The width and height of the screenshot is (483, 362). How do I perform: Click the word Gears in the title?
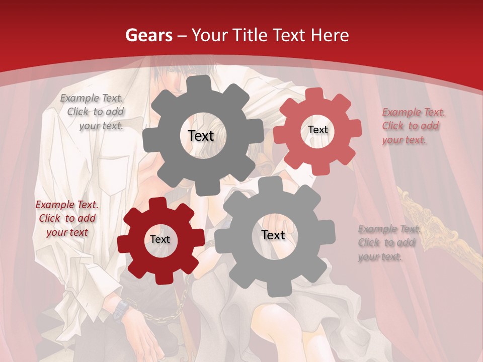[148, 35]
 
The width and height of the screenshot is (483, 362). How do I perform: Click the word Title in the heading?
[251, 35]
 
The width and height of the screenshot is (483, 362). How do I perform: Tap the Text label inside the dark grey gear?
[201, 136]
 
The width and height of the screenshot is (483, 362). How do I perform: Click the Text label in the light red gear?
[317, 130]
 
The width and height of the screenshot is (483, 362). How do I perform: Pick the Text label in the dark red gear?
[160, 239]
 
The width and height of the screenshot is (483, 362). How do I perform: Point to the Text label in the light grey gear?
[273, 235]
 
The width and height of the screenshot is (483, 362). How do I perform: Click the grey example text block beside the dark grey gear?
[93, 112]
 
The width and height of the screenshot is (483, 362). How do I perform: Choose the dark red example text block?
[66, 218]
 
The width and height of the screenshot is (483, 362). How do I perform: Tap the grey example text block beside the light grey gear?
[387, 243]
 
